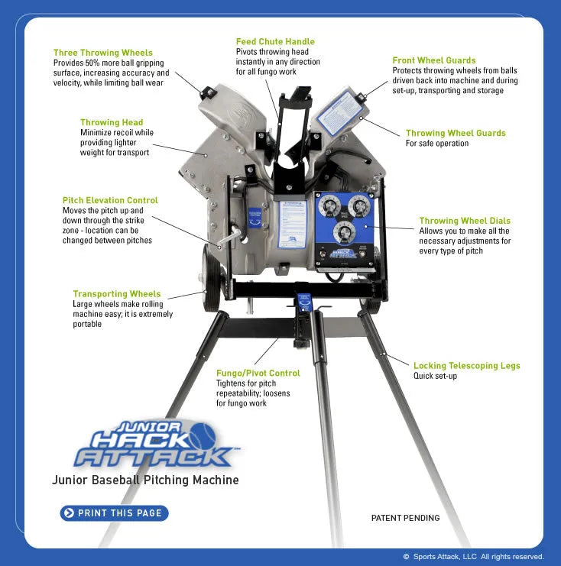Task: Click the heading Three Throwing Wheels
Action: point(102,53)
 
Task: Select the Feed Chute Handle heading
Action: point(275,41)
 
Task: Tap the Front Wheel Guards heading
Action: point(434,60)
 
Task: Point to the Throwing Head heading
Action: point(112,122)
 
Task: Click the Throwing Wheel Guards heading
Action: point(456,133)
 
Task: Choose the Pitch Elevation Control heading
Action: point(111,200)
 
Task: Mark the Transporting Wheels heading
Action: point(117,293)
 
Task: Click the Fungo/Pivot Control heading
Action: point(258,373)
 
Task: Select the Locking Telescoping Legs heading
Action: point(467,366)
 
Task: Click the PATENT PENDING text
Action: point(405,518)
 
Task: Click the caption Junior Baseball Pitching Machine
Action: point(145,480)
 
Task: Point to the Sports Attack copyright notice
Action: point(473,557)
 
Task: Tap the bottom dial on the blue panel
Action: point(343,233)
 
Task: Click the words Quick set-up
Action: point(436,376)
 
